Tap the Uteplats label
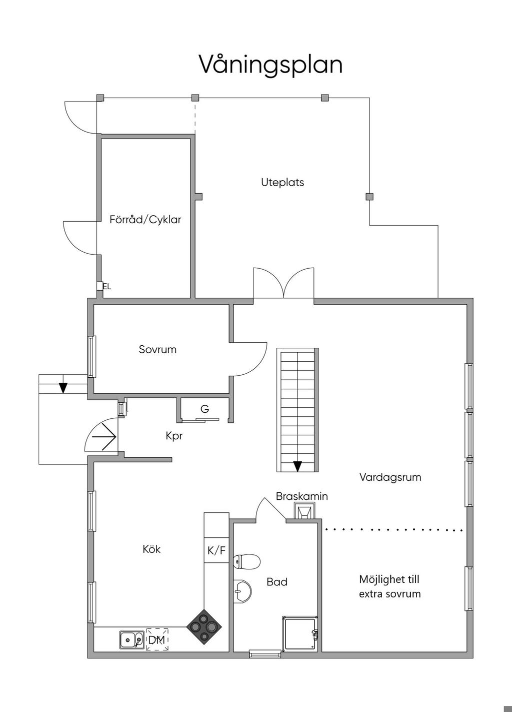point(282,183)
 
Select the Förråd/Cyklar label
point(145,219)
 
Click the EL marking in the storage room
point(107,286)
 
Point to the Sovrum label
point(157,350)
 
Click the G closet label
point(205,409)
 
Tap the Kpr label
point(174,436)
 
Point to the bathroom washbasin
point(242,591)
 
